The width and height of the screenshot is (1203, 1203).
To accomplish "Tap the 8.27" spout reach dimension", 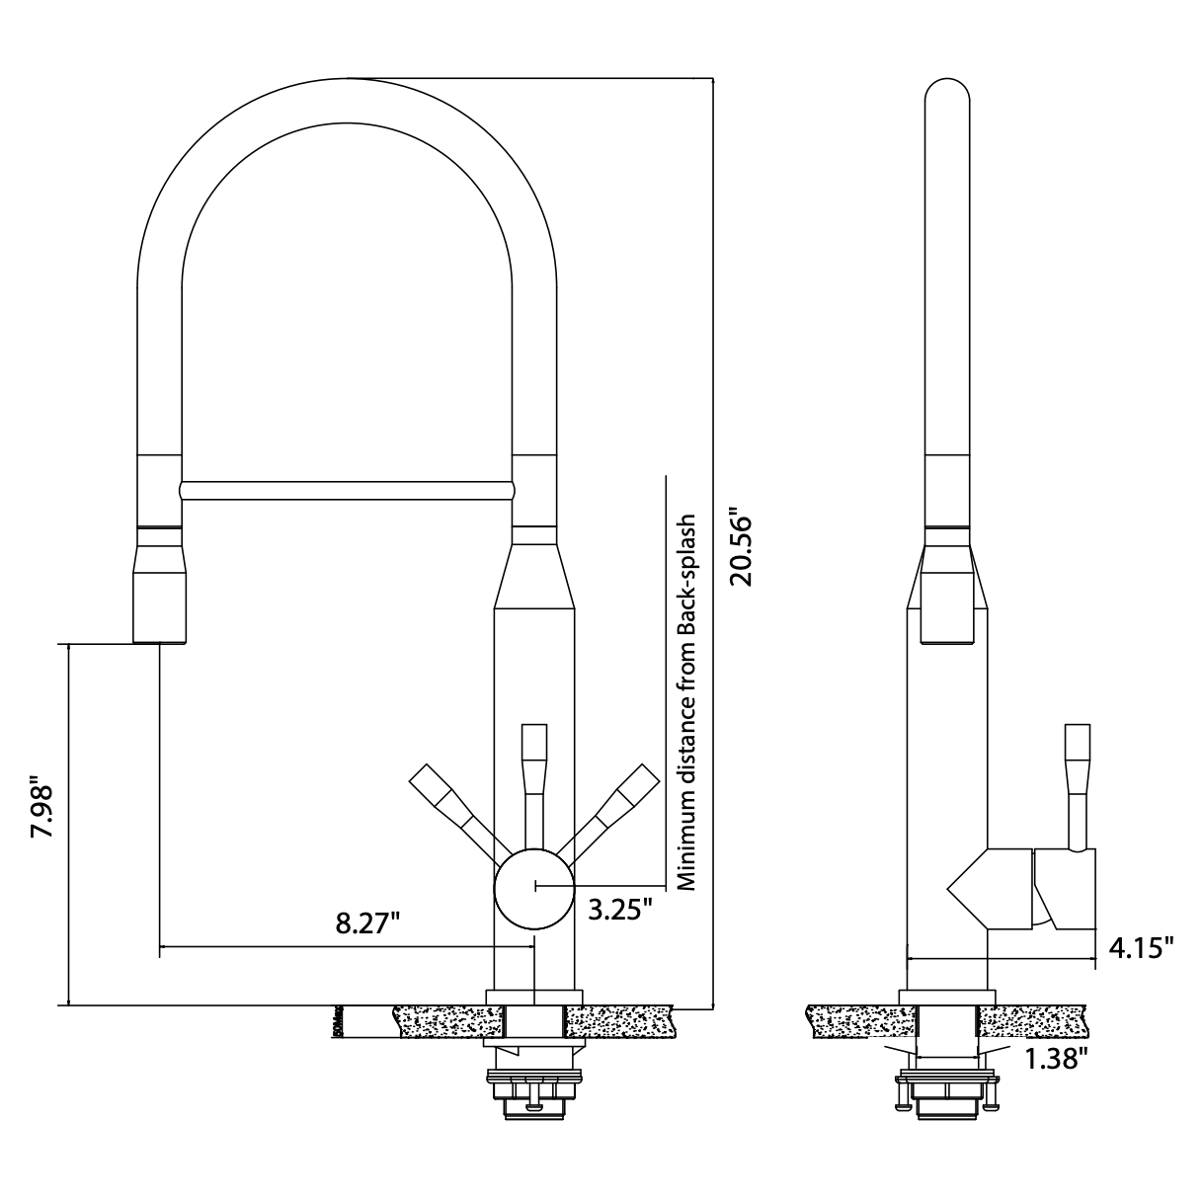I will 367,923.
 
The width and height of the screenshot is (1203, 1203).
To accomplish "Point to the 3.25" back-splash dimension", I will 620,909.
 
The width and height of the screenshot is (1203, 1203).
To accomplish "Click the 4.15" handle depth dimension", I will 1141,949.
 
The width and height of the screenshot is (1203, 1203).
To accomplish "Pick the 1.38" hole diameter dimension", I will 1056,1060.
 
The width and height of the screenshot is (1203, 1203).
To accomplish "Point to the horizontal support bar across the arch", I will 346,489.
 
